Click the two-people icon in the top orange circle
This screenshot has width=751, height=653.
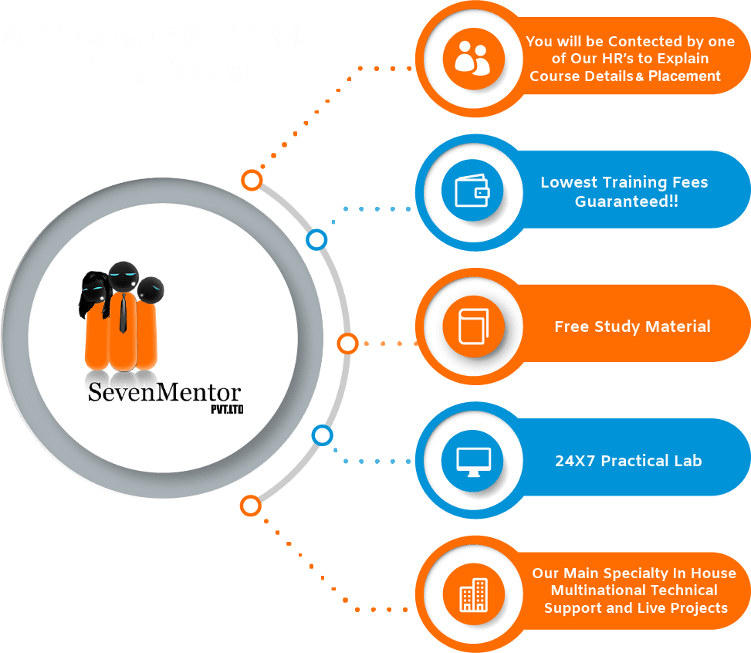pyautogui.click(x=472, y=59)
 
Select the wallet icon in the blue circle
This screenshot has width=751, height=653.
pyautogui.click(x=472, y=191)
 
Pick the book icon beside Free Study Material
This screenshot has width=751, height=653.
pyautogui.click(x=472, y=326)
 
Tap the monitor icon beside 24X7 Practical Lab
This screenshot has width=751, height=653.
pyautogui.click(x=472, y=461)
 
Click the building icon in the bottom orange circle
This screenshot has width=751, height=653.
pyautogui.click(x=472, y=594)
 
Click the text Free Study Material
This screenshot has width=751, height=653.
pyautogui.click(x=632, y=326)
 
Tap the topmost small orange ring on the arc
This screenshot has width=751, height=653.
pyautogui.click(x=251, y=181)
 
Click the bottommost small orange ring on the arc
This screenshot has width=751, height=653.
pyautogui.click(x=250, y=506)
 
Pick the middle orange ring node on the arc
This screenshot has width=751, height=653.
pyautogui.click(x=347, y=343)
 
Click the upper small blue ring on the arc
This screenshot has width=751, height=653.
pyautogui.click(x=316, y=240)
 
